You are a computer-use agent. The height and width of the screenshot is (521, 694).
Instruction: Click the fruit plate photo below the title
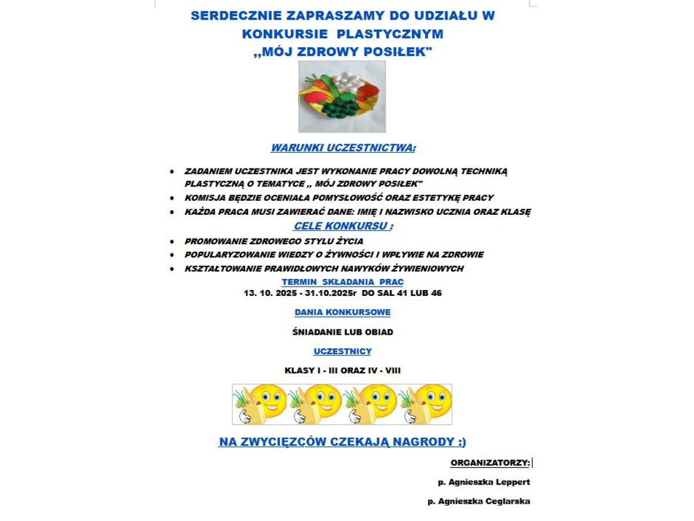pyautogui.click(x=342, y=97)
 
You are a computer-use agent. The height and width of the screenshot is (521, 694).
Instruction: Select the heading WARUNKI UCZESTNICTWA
pyautogui.click(x=343, y=148)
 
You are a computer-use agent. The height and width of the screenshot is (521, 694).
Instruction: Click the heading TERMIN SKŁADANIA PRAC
pyautogui.click(x=342, y=282)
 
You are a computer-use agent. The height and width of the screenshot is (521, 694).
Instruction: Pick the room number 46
pyautogui.click(x=436, y=293)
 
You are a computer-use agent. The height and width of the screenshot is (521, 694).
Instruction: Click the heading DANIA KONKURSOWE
pyautogui.click(x=342, y=312)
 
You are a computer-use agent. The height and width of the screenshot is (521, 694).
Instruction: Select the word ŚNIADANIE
pyautogui.click(x=319, y=332)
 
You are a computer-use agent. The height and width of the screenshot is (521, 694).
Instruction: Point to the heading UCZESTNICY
pyautogui.click(x=342, y=351)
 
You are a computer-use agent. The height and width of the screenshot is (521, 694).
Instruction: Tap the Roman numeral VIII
pyautogui.click(x=393, y=370)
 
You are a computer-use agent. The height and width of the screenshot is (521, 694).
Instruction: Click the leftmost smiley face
pyautogui.click(x=268, y=399)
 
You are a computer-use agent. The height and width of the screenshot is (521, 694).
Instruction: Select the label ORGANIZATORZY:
pyautogui.click(x=490, y=463)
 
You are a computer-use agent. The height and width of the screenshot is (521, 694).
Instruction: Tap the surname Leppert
pyautogui.click(x=511, y=482)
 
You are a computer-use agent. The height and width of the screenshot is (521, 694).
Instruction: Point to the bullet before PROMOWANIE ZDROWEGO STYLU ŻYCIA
pyautogui.click(x=172, y=241)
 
